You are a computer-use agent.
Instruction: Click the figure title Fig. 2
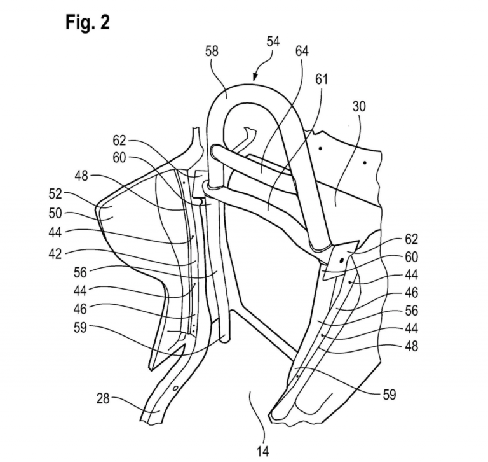[x=88, y=22]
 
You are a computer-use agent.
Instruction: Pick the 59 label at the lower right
[x=390, y=395]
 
